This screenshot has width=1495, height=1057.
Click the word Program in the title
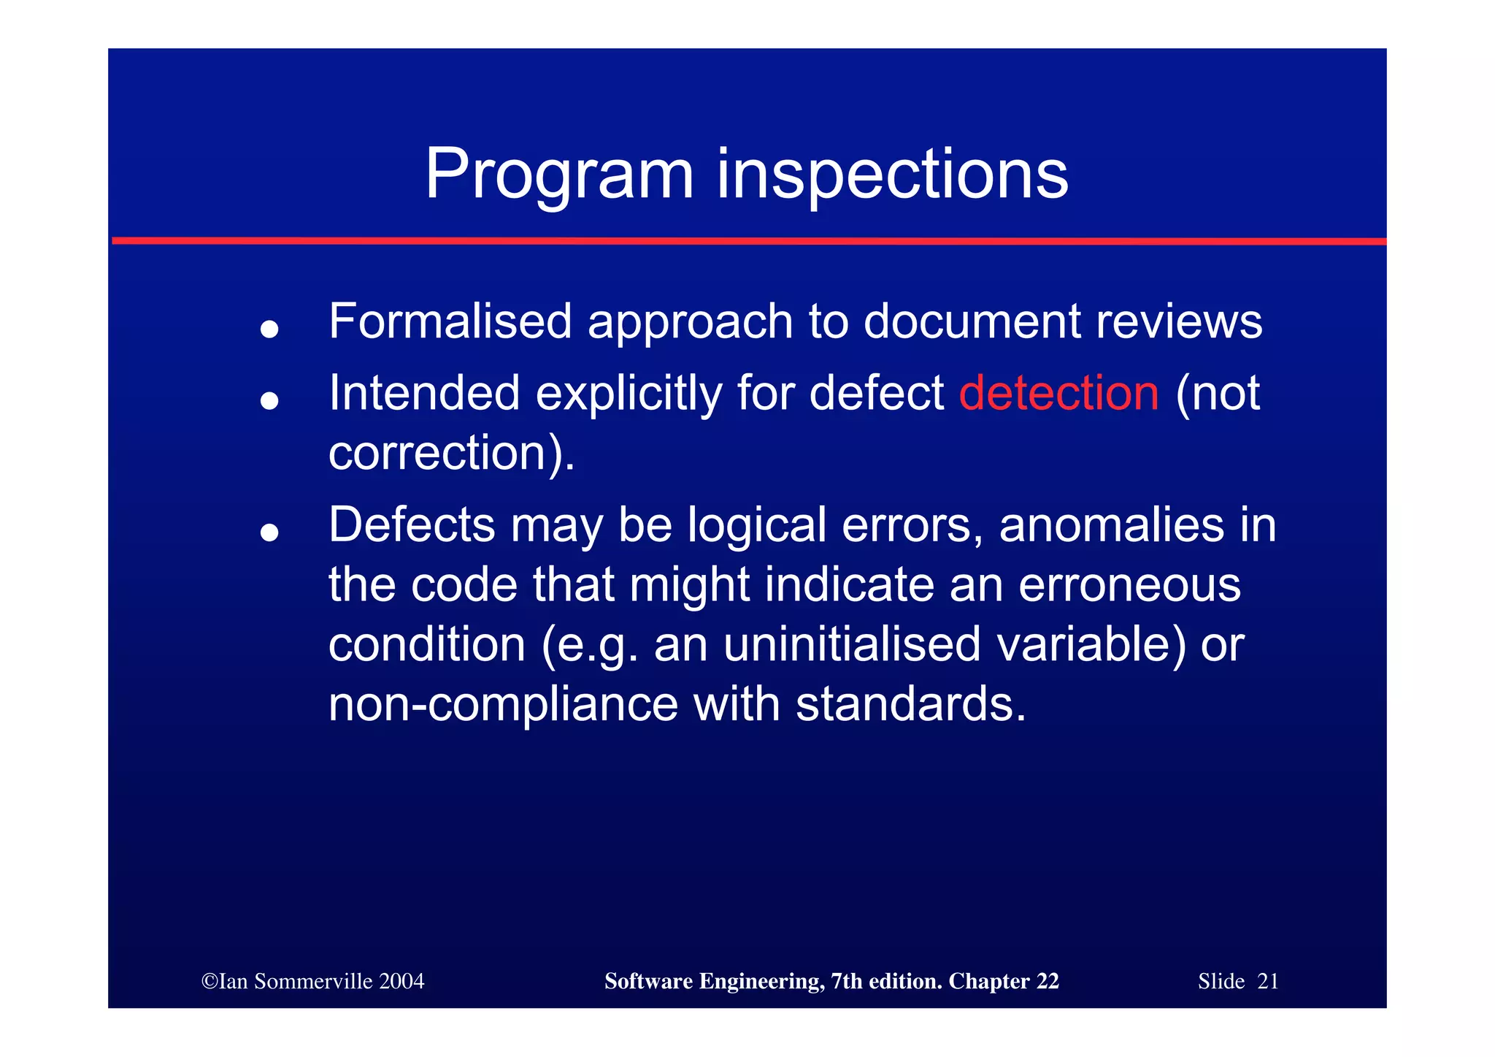[558, 175]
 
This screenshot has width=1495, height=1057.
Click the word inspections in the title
[892, 175]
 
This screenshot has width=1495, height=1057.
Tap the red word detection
[1058, 393]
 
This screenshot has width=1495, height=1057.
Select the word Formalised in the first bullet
[450, 321]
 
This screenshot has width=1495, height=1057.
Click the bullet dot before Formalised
[269, 329]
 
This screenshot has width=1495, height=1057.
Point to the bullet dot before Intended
[269, 400]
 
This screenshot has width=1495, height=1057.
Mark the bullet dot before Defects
[269, 533]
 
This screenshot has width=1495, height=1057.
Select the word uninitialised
[851, 645]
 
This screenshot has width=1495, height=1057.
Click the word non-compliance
[503, 704]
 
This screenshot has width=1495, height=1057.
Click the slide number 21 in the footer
[1268, 981]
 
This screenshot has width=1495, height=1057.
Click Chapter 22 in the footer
[1003, 981]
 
